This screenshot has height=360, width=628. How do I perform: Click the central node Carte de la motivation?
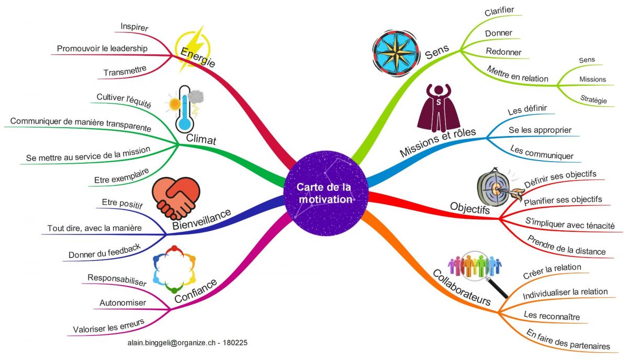325,193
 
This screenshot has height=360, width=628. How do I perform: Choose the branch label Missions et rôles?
438,142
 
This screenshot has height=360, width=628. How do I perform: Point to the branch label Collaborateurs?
461,287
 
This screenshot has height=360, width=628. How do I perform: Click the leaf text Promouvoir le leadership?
102,49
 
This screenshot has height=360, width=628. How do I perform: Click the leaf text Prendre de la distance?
566,245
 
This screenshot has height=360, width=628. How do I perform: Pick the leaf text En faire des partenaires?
567,339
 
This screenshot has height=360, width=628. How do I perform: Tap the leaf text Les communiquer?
542,152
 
